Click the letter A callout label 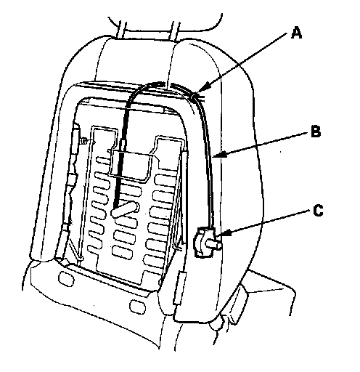(296, 33)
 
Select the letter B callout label (316, 132)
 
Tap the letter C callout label (318, 210)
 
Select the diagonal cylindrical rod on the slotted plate (126, 209)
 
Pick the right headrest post (176, 31)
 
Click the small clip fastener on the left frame (84, 141)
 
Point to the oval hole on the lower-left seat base (66, 278)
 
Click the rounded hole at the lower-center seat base (137, 307)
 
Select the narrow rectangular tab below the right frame (180, 288)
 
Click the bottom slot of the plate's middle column (122, 251)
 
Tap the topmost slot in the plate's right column (165, 179)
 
